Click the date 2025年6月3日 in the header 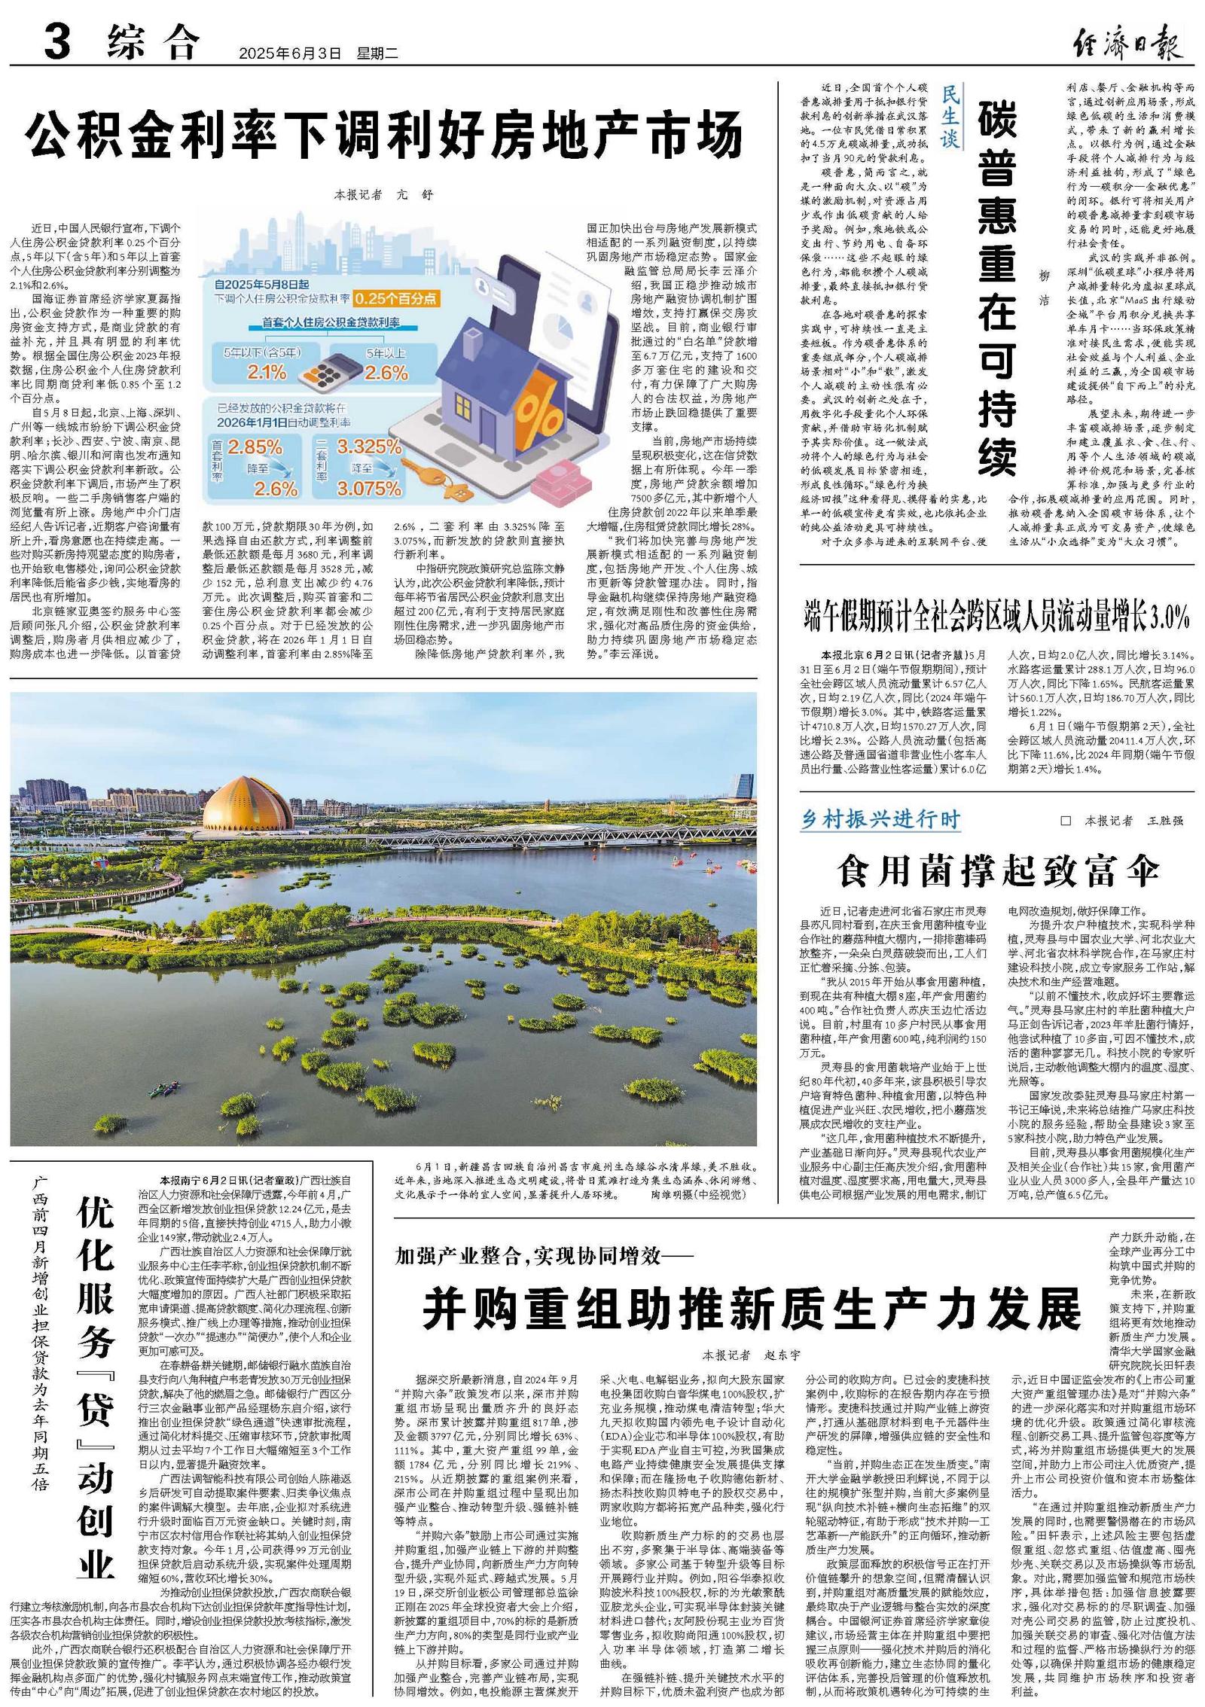pos(290,53)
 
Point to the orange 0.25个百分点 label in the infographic pos(396,298)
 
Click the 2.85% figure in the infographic pos(255,447)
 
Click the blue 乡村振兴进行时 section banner pos(880,819)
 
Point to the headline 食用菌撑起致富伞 pos(998,872)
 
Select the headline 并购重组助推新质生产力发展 pos(752,1310)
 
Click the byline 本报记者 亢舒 pos(384,195)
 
